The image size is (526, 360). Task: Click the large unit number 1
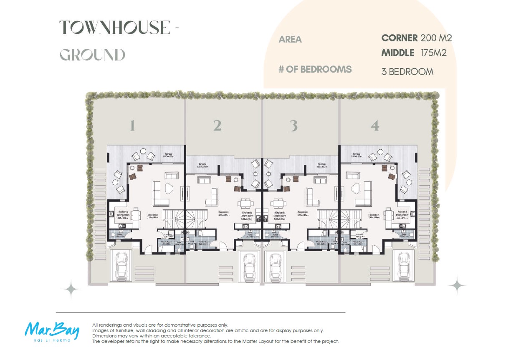pyautogui.click(x=132, y=126)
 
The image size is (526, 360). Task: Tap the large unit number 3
pyautogui.click(x=294, y=126)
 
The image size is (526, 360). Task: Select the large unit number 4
pyautogui.click(x=375, y=126)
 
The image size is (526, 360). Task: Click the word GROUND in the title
pyautogui.click(x=92, y=55)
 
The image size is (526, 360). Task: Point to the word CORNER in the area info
pyautogui.click(x=400, y=38)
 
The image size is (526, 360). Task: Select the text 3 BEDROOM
pyautogui.click(x=407, y=71)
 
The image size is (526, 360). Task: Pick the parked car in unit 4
pyautogui.click(x=403, y=266)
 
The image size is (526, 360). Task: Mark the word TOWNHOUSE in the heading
pyautogui.click(x=114, y=28)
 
